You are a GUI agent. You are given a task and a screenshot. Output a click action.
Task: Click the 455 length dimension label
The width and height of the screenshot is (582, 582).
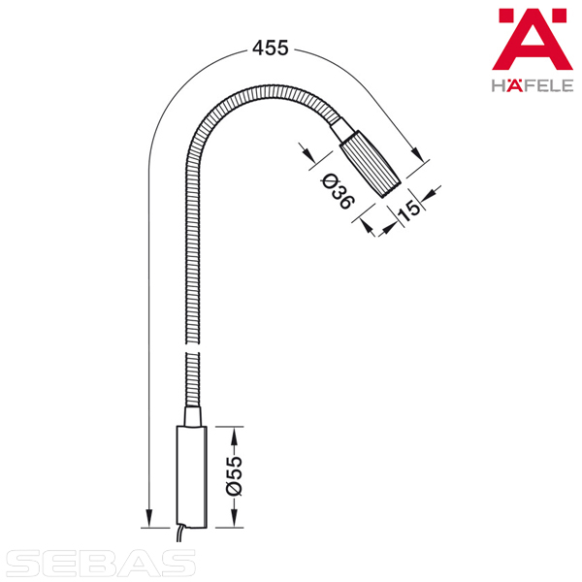[x=271, y=48]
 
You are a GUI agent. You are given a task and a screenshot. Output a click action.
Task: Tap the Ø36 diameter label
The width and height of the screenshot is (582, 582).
[x=337, y=191]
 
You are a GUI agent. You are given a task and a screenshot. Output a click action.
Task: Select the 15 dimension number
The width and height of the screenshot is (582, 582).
[x=408, y=211]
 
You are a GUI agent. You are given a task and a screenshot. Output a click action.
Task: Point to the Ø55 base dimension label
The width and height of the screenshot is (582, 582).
[x=234, y=476]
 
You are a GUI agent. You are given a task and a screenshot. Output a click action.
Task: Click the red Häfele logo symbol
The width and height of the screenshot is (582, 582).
[x=533, y=40]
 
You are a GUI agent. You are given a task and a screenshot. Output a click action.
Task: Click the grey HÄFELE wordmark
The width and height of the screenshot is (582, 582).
[x=533, y=85]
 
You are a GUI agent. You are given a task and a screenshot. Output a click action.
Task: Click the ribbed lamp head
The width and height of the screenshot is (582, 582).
[x=371, y=164]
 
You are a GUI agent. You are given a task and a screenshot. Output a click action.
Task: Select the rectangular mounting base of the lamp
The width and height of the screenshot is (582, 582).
[x=191, y=476]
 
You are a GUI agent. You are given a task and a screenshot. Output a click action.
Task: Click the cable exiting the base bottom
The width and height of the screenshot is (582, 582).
[x=179, y=533]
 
